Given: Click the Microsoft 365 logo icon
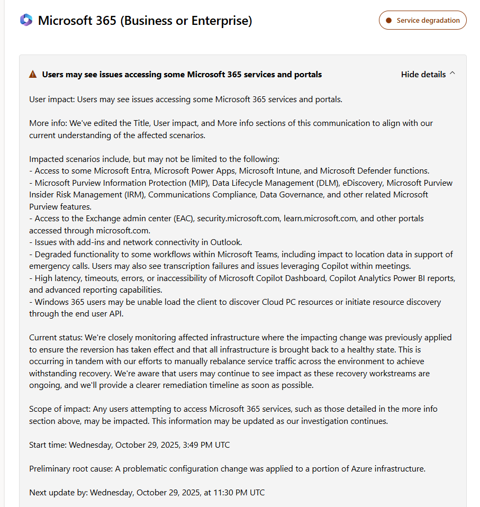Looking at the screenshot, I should click(x=26, y=20).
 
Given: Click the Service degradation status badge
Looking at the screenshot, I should click(x=422, y=20).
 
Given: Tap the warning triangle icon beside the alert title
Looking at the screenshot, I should click(x=33, y=75).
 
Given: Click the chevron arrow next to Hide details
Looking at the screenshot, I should click(x=452, y=74).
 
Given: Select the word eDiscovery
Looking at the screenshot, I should click(x=358, y=183).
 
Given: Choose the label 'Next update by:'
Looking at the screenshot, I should click(x=58, y=493).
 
